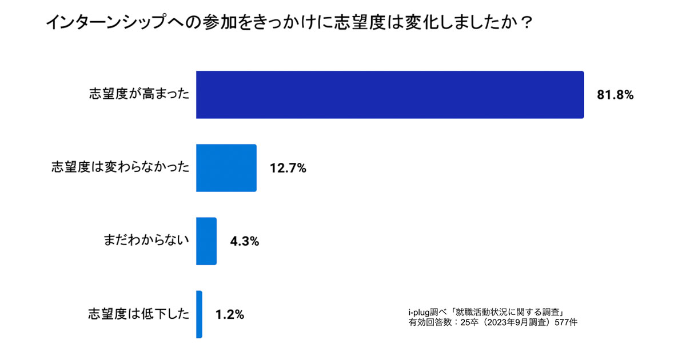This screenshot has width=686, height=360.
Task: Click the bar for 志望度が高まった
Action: (390, 95)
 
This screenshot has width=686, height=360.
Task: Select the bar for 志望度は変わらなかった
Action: (226, 168)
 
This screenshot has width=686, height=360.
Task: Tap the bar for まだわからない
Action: (206, 241)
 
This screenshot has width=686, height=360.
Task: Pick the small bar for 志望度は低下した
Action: (199, 314)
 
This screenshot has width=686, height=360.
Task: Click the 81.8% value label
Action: (615, 95)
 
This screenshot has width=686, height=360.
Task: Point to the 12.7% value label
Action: (288, 169)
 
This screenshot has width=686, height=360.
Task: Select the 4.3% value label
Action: (245, 242)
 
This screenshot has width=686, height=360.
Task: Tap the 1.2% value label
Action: (230, 315)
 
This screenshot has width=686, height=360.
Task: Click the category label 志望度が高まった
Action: (139, 95)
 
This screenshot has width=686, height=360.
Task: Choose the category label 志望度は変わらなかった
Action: (120, 168)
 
